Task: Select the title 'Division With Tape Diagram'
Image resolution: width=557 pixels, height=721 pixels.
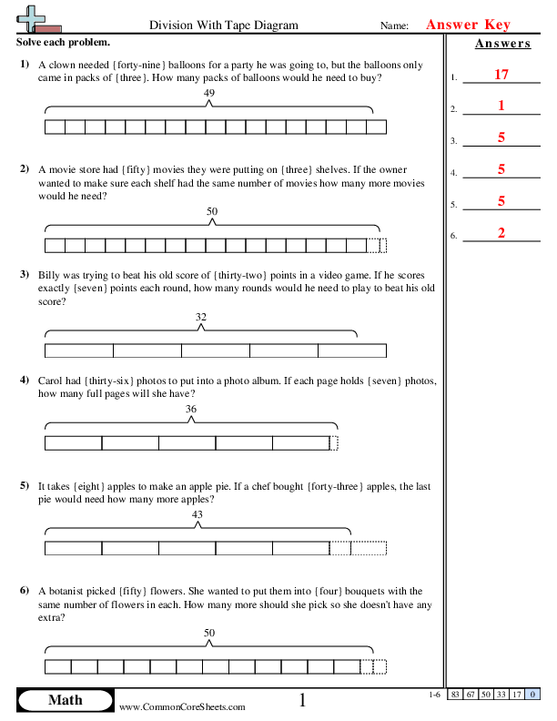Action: [x=222, y=26]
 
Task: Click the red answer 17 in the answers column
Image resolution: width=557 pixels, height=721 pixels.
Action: [x=501, y=75]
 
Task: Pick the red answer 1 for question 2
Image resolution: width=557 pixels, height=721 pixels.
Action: [x=501, y=106]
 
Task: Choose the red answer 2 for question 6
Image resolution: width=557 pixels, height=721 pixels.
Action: [x=501, y=233]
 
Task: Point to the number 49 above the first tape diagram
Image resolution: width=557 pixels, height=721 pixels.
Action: [x=210, y=94]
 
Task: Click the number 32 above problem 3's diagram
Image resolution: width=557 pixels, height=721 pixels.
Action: [x=201, y=317]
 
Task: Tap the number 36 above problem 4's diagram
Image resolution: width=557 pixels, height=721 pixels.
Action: [x=191, y=410]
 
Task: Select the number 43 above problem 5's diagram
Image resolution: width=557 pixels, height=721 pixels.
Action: [x=197, y=514]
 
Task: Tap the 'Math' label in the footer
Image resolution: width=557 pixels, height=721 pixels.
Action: [x=65, y=700]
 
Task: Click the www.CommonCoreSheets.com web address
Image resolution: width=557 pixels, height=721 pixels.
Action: [x=182, y=706]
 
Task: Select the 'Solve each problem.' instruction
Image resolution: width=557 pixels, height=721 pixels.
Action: [x=64, y=44]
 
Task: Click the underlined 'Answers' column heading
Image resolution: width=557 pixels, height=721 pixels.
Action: [x=502, y=44]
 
